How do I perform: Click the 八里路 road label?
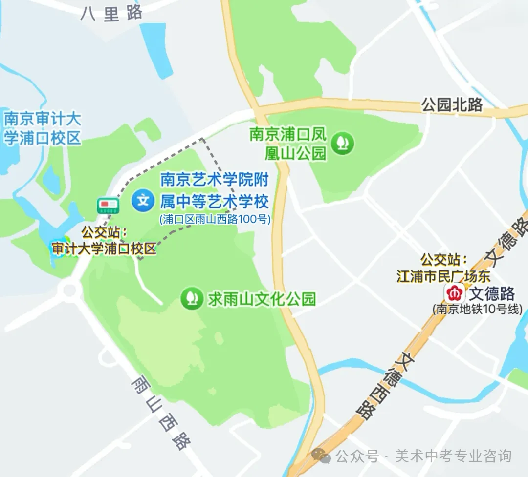click(112, 14)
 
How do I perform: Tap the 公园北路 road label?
click(452, 104)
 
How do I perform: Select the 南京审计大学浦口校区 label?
click(42, 128)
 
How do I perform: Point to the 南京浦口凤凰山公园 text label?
click(288, 144)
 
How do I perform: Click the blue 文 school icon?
click(143, 200)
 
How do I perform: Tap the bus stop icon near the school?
click(108, 206)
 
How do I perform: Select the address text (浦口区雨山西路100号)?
click(215, 219)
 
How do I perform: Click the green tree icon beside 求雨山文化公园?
click(192, 298)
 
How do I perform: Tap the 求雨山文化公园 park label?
click(262, 299)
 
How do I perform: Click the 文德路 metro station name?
click(492, 294)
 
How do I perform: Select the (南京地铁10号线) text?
click(477, 309)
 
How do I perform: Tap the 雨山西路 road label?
click(161, 413)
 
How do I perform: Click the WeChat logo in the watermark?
click(322, 456)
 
